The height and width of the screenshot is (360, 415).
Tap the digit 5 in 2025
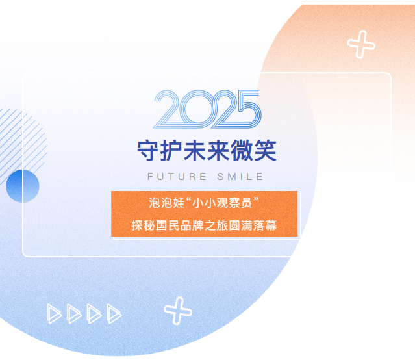coord(245,109)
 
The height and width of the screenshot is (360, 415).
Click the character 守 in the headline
coord(148,151)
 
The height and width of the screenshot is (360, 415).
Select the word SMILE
coord(242,176)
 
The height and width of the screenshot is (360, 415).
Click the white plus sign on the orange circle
coord(361,45)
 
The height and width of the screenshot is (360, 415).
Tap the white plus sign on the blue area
coord(178,311)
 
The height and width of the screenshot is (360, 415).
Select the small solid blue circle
coord(23,185)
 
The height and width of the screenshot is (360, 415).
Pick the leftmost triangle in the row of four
coord(55,314)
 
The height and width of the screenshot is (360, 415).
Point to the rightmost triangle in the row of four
coord(114,314)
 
